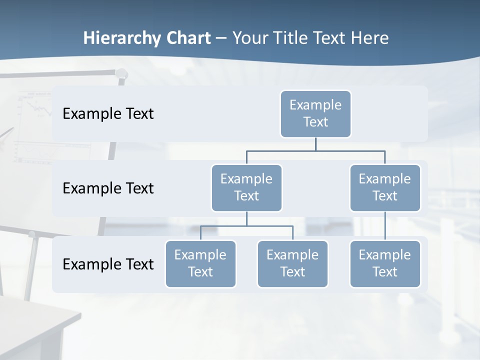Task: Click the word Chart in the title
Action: click(188, 38)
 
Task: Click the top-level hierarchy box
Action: click(315, 113)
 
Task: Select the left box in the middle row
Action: click(246, 187)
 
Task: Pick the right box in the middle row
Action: click(385, 187)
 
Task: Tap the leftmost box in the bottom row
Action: click(200, 263)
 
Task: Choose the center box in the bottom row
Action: click(292, 263)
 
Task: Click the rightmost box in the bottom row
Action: click(385, 263)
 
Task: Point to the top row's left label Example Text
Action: click(108, 114)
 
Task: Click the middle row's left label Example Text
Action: click(108, 188)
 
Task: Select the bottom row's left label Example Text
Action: click(108, 264)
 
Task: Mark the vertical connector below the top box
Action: click(315, 144)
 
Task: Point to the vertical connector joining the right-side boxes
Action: click(385, 225)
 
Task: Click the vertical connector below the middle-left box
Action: click(246, 218)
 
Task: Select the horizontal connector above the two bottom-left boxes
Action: click(246, 226)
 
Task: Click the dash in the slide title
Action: click(221, 38)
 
